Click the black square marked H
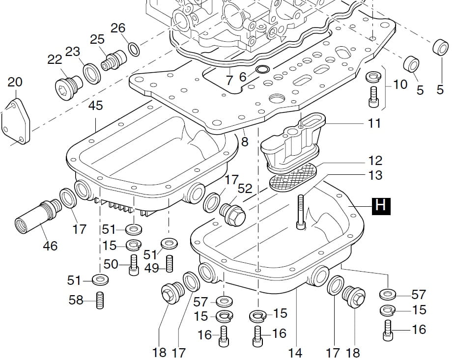pyautogui.click(x=381, y=206)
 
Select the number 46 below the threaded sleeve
pyautogui.click(x=50, y=246)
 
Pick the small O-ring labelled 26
pyautogui.click(x=133, y=48)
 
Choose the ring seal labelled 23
pyautogui.click(x=91, y=73)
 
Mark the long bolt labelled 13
pyautogui.click(x=301, y=211)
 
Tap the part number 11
pyautogui.click(x=374, y=123)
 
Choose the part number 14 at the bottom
pyautogui.click(x=295, y=353)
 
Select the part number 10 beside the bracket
pyautogui.click(x=400, y=84)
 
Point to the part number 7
pyautogui.click(x=229, y=79)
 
